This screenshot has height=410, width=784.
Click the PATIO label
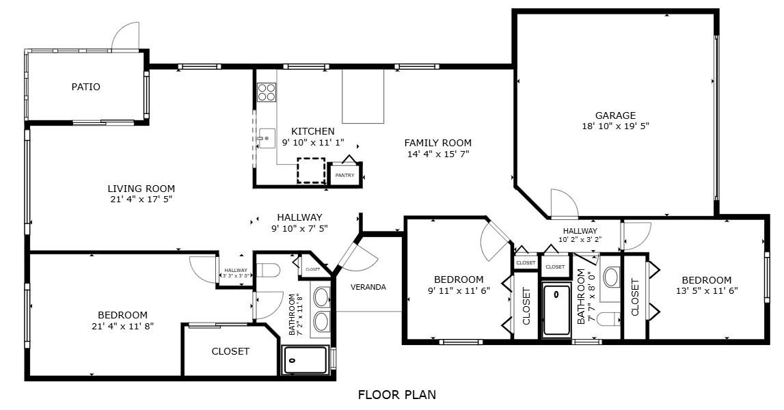[x=85, y=87]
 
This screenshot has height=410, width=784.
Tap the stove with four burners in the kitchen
[x=267, y=92]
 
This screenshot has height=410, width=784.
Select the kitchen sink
[x=267, y=138]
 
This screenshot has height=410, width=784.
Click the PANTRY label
[x=344, y=175]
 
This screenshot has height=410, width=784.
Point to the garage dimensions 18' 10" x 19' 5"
[x=615, y=126]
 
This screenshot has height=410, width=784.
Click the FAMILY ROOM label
[x=437, y=143]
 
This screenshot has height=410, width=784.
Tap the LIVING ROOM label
[x=141, y=189]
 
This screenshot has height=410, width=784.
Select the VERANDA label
[x=368, y=287]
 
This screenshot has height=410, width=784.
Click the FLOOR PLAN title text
[x=396, y=394]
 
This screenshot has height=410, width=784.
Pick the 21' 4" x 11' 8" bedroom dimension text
[x=122, y=326]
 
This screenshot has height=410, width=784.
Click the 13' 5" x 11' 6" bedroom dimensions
[x=707, y=290]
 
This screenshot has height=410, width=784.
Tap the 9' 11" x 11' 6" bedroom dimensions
[x=459, y=290]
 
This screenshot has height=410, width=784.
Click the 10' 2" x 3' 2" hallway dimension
[x=580, y=239]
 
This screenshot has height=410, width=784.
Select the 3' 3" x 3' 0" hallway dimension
[x=236, y=275]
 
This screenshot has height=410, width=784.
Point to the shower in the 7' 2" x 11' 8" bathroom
[x=306, y=360]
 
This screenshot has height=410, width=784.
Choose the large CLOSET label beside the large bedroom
[x=230, y=351]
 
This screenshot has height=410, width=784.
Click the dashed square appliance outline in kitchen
[x=311, y=171]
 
